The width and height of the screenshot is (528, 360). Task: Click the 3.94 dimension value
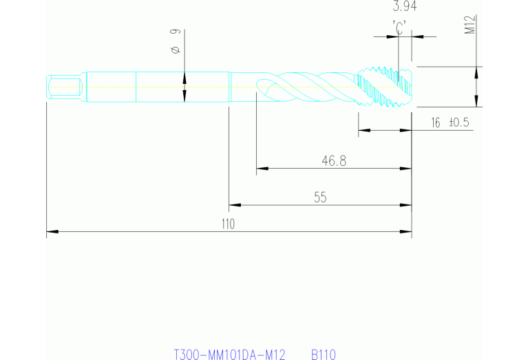pos(404,8)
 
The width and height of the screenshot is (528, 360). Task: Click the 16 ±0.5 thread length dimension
pos(450,123)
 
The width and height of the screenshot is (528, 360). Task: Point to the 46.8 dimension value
pos(334,160)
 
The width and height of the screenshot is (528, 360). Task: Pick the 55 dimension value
pos(320,198)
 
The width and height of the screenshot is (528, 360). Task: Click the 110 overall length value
pos(229,224)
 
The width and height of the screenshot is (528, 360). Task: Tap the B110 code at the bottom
pos(323,355)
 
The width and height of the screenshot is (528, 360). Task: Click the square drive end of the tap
pos(65,87)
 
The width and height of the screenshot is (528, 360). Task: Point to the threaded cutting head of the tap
pos(384,87)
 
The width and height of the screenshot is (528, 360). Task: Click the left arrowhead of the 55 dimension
pos(234,204)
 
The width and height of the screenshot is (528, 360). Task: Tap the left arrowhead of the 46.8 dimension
pos(262,167)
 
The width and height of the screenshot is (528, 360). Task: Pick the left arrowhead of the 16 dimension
pos(363,130)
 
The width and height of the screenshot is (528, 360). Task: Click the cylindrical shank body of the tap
pos(158,87)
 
